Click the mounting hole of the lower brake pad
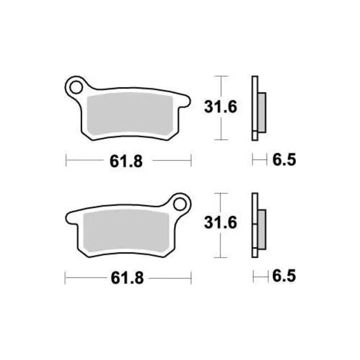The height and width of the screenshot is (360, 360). click(180, 203)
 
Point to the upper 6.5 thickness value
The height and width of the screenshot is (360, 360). click(283, 161)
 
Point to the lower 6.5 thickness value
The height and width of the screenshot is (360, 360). click(283, 278)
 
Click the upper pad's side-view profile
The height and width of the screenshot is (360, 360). click(254, 108)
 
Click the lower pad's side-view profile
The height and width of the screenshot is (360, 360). click(254, 225)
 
